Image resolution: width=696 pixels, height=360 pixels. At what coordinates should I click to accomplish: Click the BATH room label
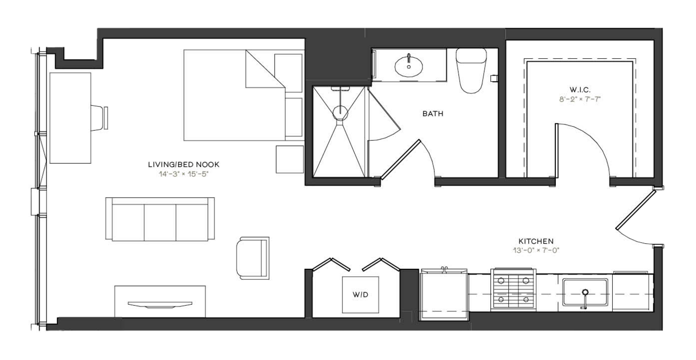pyautogui.click(x=432, y=114)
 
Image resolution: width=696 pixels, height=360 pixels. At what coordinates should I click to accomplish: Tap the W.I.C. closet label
pyautogui.click(x=580, y=90)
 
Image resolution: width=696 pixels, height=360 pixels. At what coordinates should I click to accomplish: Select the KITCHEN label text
pyautogui.click(x=536, y=241)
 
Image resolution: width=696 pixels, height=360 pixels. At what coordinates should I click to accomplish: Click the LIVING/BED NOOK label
pyautogui.click(x=183, y=164)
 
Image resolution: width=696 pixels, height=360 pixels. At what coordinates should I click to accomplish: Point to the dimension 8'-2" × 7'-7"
pyautogui.click(x=580, y=100)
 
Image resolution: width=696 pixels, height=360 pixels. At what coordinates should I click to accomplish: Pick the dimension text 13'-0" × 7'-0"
pyautogui.click(x=536, y=251)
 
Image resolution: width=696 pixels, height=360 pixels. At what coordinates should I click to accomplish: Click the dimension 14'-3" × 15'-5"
pyautogui.click(x=183, y=174)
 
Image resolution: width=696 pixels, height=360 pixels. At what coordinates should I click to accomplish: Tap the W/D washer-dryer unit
pyautogui.click(x=361, y=294)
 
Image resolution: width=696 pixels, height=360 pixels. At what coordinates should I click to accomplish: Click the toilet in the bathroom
pyautogui.click(x=471, y=70)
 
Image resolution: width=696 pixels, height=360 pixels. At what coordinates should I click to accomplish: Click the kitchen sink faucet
pyautogui.click(x=585, y=299)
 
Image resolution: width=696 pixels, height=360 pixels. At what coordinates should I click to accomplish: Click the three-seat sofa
pyautogui.click(x=160, y=219)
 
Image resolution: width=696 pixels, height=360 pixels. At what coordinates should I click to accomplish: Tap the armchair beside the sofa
pyautogui.click(x=253, y=258)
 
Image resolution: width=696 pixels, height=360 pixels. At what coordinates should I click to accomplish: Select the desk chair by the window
pyautogui.click(x=100, y=118)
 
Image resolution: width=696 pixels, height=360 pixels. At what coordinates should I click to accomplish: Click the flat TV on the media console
pyautogui.click(x=160, y=304)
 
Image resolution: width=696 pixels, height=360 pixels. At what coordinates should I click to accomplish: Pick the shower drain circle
pyautogui.click(x=341, y=113)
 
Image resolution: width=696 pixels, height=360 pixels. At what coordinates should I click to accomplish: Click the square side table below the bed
pyautogui.click(x=290, y=159)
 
